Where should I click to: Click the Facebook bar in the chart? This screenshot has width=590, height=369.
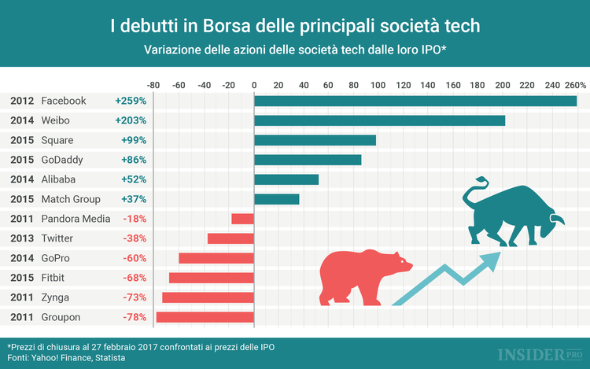[x=415, y=101]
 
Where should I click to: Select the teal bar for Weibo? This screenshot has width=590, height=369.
[x=379, y=120]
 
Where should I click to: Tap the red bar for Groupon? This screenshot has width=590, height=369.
[x=205, y=317]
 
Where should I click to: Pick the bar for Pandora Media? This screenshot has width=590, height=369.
[x=242, y=219]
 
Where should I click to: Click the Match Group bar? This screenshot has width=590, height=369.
[x=276, y=199]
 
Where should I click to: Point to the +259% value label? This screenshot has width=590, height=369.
[x=131, y=101]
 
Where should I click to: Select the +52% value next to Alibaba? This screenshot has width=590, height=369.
[x=134, y=179]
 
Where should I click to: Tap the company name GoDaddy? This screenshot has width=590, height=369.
[x=62, y=160]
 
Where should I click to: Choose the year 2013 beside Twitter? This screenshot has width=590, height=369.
[x=22, y=238]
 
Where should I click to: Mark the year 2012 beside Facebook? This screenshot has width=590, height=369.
[x=22, y=101]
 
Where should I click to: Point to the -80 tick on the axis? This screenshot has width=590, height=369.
[x=153, y=84]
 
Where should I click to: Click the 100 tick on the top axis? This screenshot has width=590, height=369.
[x=378, y=84]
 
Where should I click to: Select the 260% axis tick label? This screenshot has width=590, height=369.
[x=574, y=84]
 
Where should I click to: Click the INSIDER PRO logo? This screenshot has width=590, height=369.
[x=529, y=353]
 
